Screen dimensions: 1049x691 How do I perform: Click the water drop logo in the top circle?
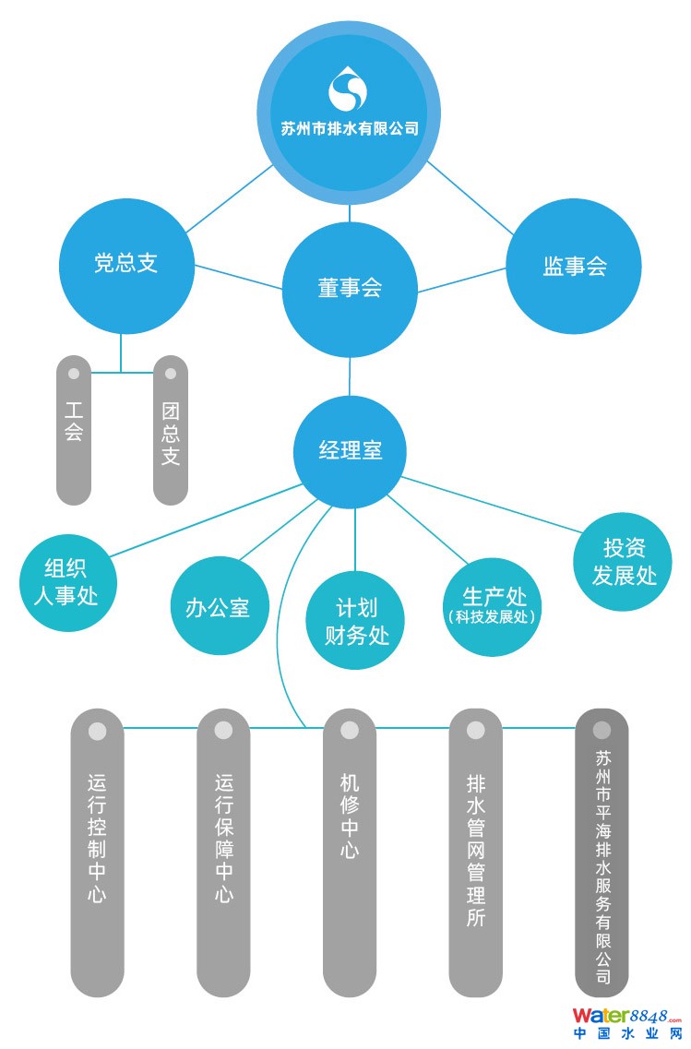tap(349, 89)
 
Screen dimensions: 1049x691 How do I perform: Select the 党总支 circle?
tap(126, 264)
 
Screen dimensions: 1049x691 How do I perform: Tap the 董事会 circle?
tap(350, 289)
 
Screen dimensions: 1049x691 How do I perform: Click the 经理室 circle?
tap(350, 451)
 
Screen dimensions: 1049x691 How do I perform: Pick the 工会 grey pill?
tap(74, 430)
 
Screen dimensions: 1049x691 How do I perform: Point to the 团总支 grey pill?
tap(171, 430)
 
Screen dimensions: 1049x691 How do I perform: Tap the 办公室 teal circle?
tap(218, 608)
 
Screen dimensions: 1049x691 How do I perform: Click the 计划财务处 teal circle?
tap(356, 622)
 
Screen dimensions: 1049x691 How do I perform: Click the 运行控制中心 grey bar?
tap(97, 853)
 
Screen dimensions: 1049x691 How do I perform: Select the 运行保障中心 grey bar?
tap(223, 853)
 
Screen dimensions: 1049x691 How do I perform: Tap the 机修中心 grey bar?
tap(350, 853)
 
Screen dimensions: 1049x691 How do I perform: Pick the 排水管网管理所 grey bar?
tap(475, 853)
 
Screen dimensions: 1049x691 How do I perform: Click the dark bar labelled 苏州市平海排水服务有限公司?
tap(602, 853)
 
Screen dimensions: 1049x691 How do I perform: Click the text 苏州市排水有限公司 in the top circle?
tap(349, 129)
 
